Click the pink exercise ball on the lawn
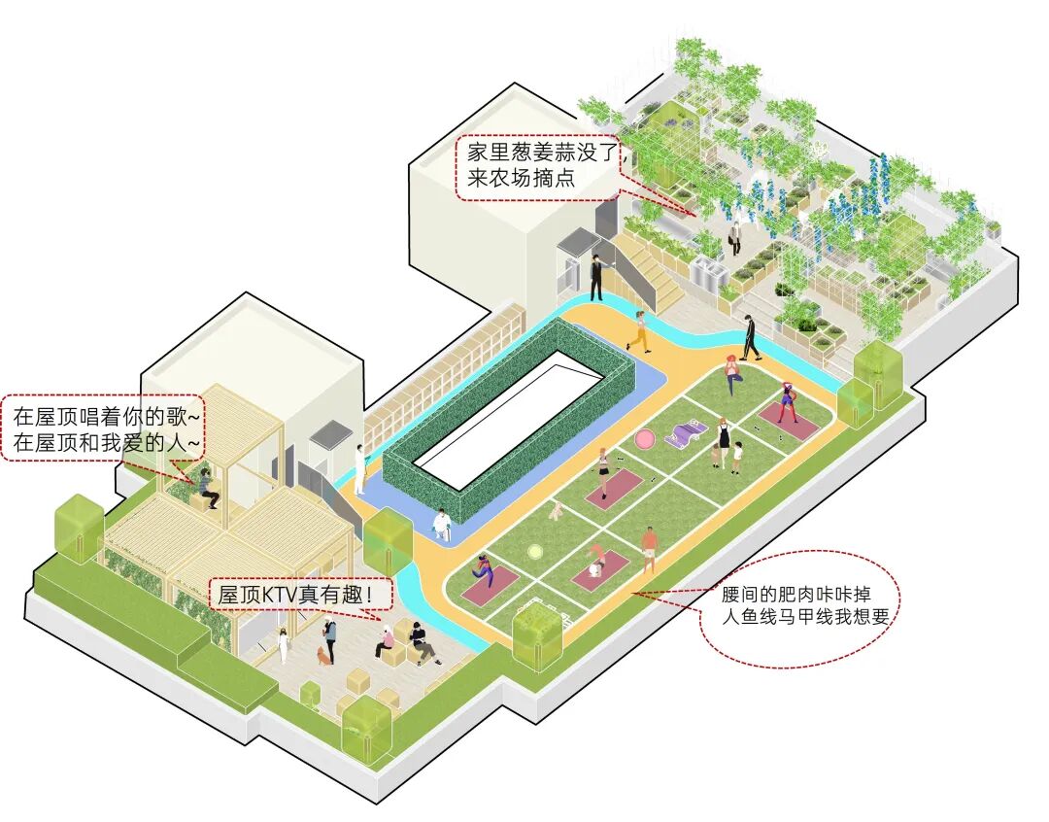(644, 439)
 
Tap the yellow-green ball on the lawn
(534, 552)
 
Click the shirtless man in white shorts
(649, 547)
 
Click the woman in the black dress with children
(723, 442)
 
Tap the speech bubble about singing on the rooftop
(106, 428)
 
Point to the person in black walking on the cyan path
(750, 338)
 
